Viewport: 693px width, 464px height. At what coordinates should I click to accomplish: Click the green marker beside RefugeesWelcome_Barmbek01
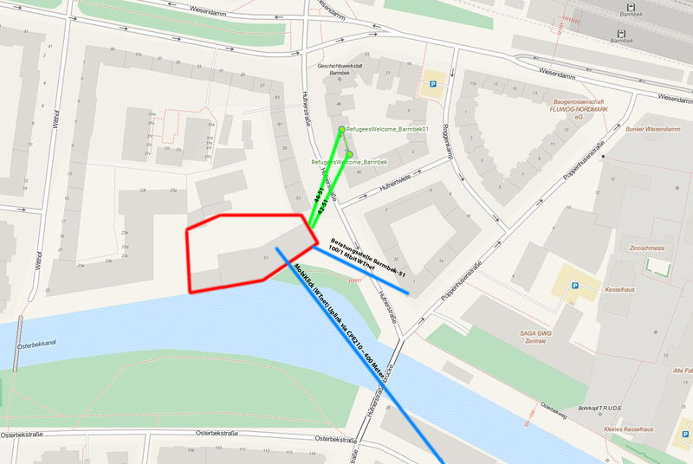[341, 129]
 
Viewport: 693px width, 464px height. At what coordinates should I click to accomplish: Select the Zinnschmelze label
[649, 248]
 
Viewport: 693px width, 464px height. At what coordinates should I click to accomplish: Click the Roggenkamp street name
[449, 139]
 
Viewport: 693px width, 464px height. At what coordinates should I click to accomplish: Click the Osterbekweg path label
[554, 404]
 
